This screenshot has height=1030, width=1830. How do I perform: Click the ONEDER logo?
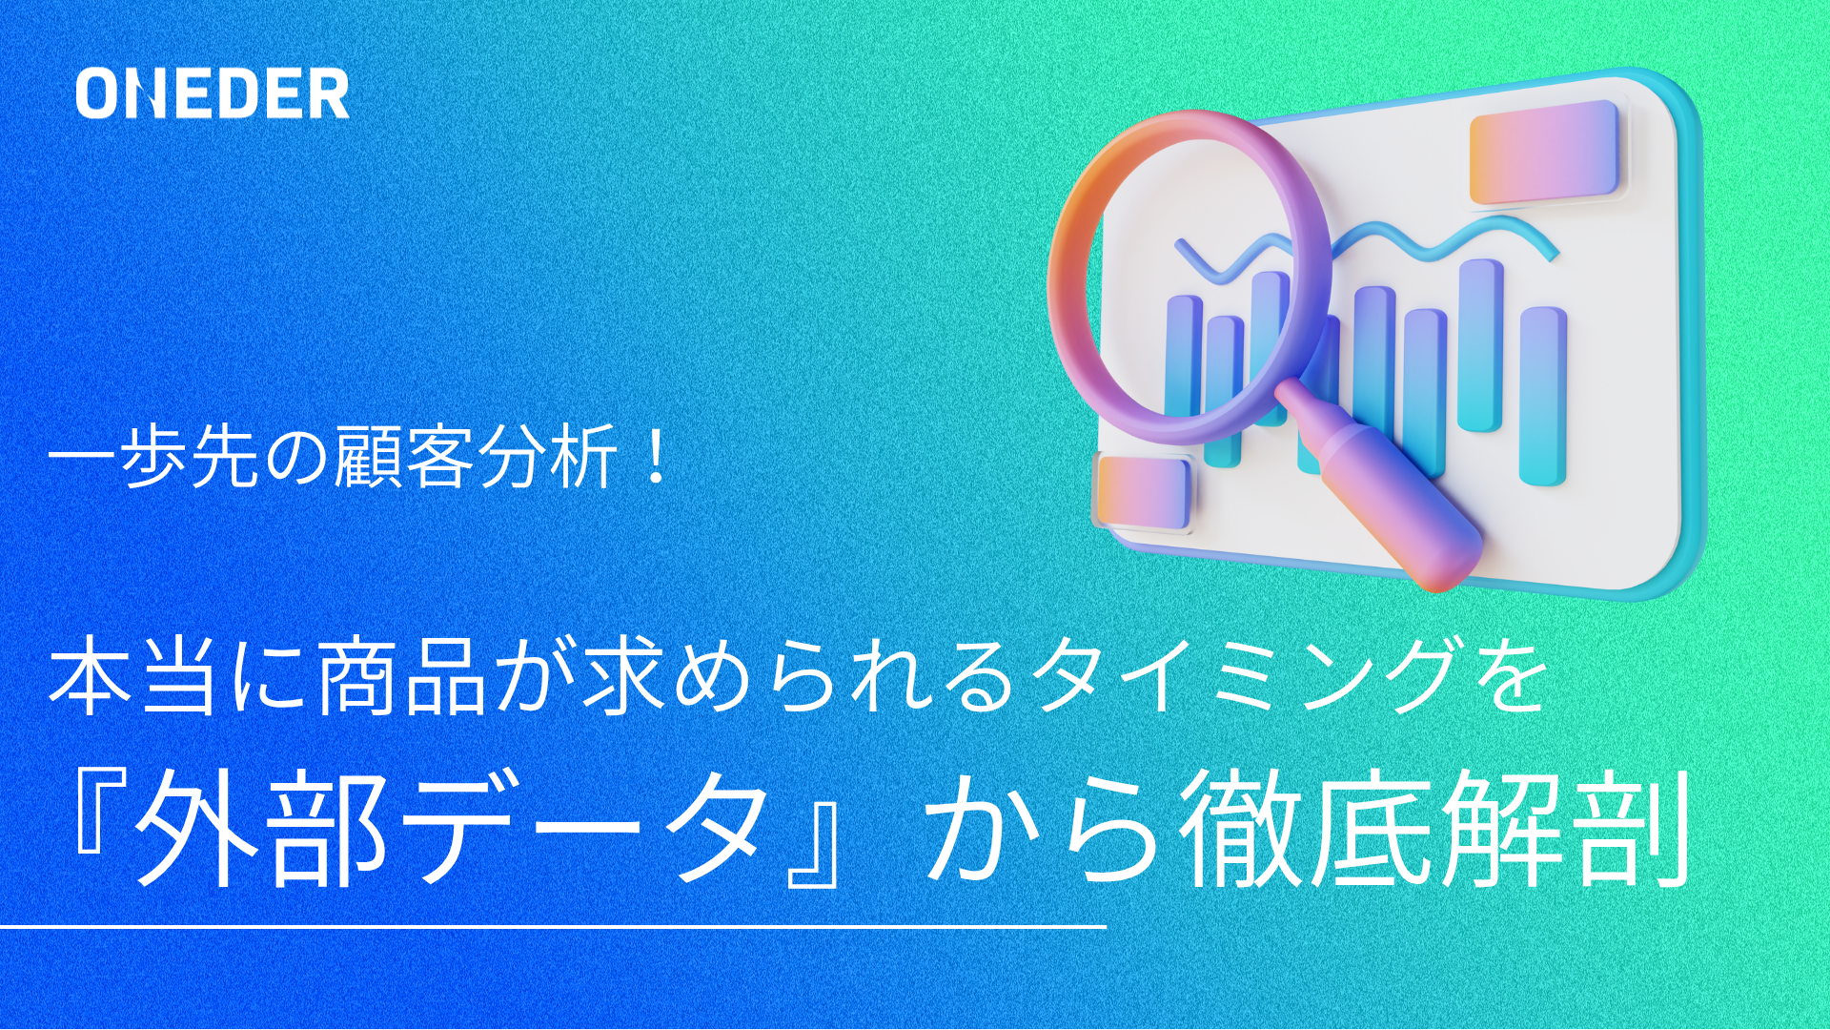[213, 93]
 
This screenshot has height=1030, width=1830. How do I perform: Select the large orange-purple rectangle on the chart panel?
[1544, 153]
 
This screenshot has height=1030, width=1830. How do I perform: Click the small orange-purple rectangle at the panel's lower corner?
[1143, 491]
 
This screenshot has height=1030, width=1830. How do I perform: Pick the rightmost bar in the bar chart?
[1543, 396]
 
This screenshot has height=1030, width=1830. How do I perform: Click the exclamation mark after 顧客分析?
[655, 458]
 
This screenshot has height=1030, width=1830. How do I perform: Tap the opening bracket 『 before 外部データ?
[95, 810]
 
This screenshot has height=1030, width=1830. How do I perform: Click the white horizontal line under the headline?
[553, 926]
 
